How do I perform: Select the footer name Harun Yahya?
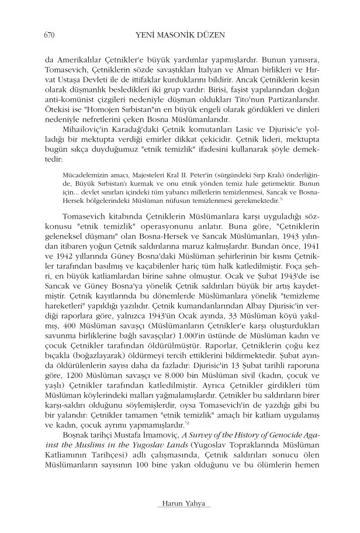pos(179,504)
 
